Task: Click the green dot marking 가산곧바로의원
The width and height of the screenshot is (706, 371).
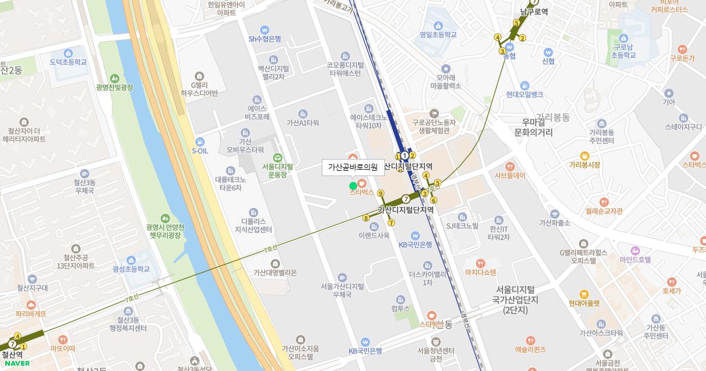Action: tap(353, 186)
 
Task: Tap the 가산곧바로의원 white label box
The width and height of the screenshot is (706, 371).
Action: tap(352, 167)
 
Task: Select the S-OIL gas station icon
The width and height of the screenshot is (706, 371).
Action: tap(200, 142)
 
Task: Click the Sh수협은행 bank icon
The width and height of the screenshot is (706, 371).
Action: tap(265, 29)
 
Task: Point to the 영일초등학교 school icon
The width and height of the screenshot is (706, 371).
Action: tap(438, 25)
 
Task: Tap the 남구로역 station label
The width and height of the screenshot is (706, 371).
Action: tap(534, 11)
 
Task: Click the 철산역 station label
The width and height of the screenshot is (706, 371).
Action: tap(12, 355)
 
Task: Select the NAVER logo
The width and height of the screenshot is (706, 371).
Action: tap(17, 363)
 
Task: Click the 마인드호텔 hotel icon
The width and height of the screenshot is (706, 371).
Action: tap(635, 250)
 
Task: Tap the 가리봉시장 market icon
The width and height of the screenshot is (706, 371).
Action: tap(584, 156)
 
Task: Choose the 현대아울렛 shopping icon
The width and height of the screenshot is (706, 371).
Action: tap(584, 294)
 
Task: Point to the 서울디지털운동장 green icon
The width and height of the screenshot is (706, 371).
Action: tap(277, 157)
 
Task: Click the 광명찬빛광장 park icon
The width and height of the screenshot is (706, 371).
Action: tap(114, 78)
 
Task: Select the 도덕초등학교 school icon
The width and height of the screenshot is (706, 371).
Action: tap(68, 53)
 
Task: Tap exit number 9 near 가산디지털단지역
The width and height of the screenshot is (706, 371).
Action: tap(381, 193)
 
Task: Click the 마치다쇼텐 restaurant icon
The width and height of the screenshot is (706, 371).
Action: tap(481, 263)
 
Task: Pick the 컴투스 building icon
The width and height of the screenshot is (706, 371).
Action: tap(401, 299)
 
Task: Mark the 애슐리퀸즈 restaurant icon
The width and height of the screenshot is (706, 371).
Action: tap(530, 340)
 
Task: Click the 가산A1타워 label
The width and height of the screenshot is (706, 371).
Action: tap(302, 123)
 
